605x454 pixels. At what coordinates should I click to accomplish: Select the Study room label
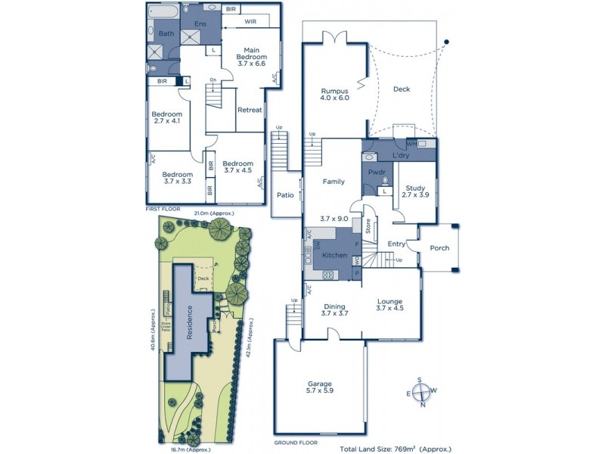[x=416, y=188]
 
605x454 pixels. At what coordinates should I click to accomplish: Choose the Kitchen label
[x=334, y=256]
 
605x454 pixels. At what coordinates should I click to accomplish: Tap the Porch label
[x=439, y=247]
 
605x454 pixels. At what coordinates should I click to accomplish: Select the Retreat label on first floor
[x=250, y=110]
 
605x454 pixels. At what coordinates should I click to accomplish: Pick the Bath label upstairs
[x=166, y=33]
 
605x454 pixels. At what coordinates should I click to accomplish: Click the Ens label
[x=200, y=24]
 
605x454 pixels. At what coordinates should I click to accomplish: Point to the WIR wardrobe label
[x=250, y=22]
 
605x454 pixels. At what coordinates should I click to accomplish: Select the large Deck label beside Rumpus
[x=402, y=89]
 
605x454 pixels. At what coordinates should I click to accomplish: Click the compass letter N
[x=423, y=405]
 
